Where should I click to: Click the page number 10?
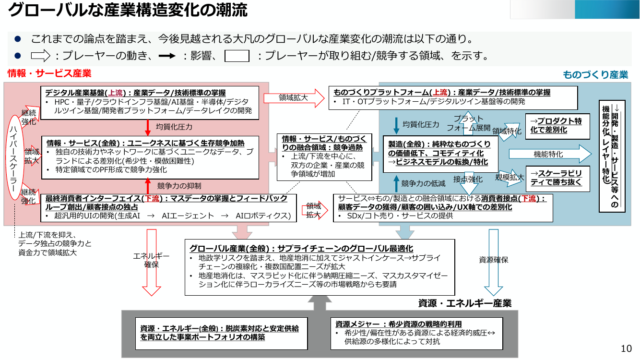[x=626, y=348]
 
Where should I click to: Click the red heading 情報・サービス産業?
[x=49, y=73]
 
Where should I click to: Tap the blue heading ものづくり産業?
[x=595, y=74]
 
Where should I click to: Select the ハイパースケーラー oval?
[x=14, y=157]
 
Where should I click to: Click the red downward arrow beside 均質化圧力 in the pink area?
[x=148, y=128]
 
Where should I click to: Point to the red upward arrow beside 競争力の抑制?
[x=148, y=186]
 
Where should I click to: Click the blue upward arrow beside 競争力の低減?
[x=396, y=183]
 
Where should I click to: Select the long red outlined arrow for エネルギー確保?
[x=152, y=263]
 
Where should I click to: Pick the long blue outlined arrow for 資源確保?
[x=493, y=263]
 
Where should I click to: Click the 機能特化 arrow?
[x=550, y=154]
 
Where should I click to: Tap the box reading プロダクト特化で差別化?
[x=557, y=126]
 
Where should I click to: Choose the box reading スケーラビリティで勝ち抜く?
[x=557, y=179]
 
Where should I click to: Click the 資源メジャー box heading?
[x=399, y=324]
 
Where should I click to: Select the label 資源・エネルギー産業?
[x=465, y=303]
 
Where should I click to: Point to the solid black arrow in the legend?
[x=167, y=56]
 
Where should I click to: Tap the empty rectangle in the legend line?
[x=237, y=56]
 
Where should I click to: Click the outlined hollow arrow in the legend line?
[x=40, y=56]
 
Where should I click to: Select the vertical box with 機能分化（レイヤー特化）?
[x=612, y=156]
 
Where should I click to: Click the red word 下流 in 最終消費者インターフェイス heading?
[x=152, y=198]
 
